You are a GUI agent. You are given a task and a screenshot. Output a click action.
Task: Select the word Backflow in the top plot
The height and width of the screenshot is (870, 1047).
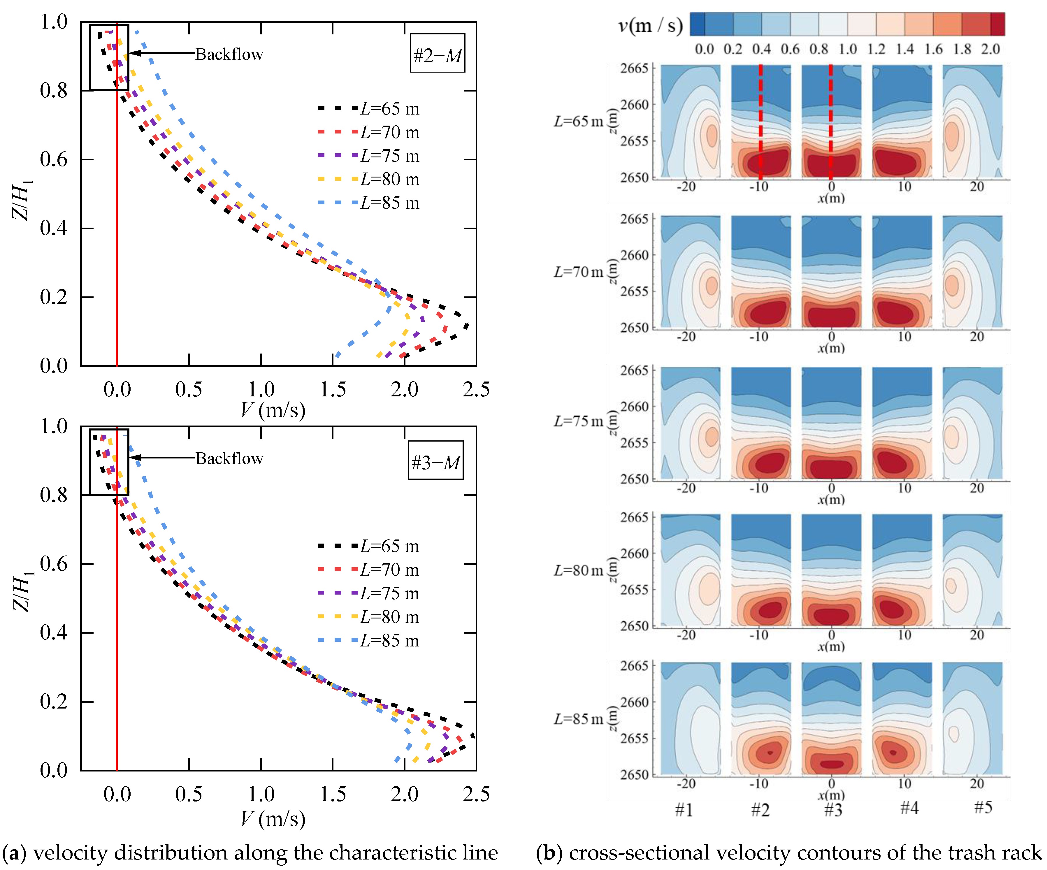point(229,54)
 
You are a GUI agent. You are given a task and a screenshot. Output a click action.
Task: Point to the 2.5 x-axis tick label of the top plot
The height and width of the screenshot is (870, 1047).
point(476,389)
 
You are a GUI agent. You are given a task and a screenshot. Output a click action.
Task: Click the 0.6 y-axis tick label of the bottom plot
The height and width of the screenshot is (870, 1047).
point(54,564)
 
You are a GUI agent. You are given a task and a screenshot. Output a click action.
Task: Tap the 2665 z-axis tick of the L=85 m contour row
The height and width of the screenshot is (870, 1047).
point(634,666)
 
